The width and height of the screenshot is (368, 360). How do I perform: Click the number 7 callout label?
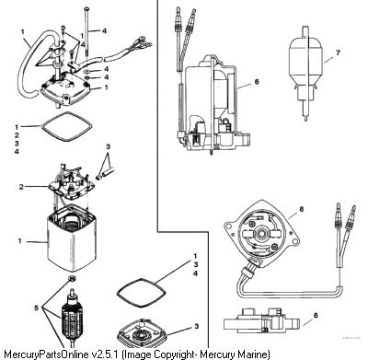tap(338, 52)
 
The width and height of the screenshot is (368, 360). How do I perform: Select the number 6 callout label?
tap(257, 82)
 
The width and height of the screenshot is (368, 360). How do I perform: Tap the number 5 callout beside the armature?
tap(37, 308)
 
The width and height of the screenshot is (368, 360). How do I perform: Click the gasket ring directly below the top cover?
tap(67, 127)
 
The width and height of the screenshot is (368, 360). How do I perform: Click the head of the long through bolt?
tap(86, 8)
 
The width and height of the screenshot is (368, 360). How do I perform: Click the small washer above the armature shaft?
tap(73, 279)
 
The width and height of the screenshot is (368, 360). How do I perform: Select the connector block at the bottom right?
tap(261, 323)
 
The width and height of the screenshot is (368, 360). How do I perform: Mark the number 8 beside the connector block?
tap(316, 315)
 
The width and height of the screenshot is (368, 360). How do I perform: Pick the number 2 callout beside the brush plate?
tap(21, 186)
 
